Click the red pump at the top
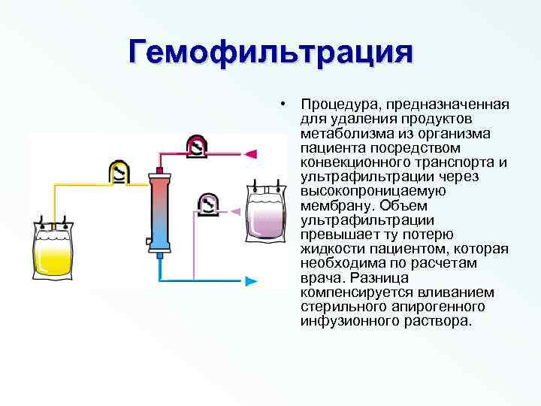coord(197,146)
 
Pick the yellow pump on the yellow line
coord(119,172)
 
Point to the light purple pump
coord(208,204)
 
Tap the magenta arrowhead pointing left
coord(252,154)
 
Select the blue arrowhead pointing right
coord(252,281)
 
